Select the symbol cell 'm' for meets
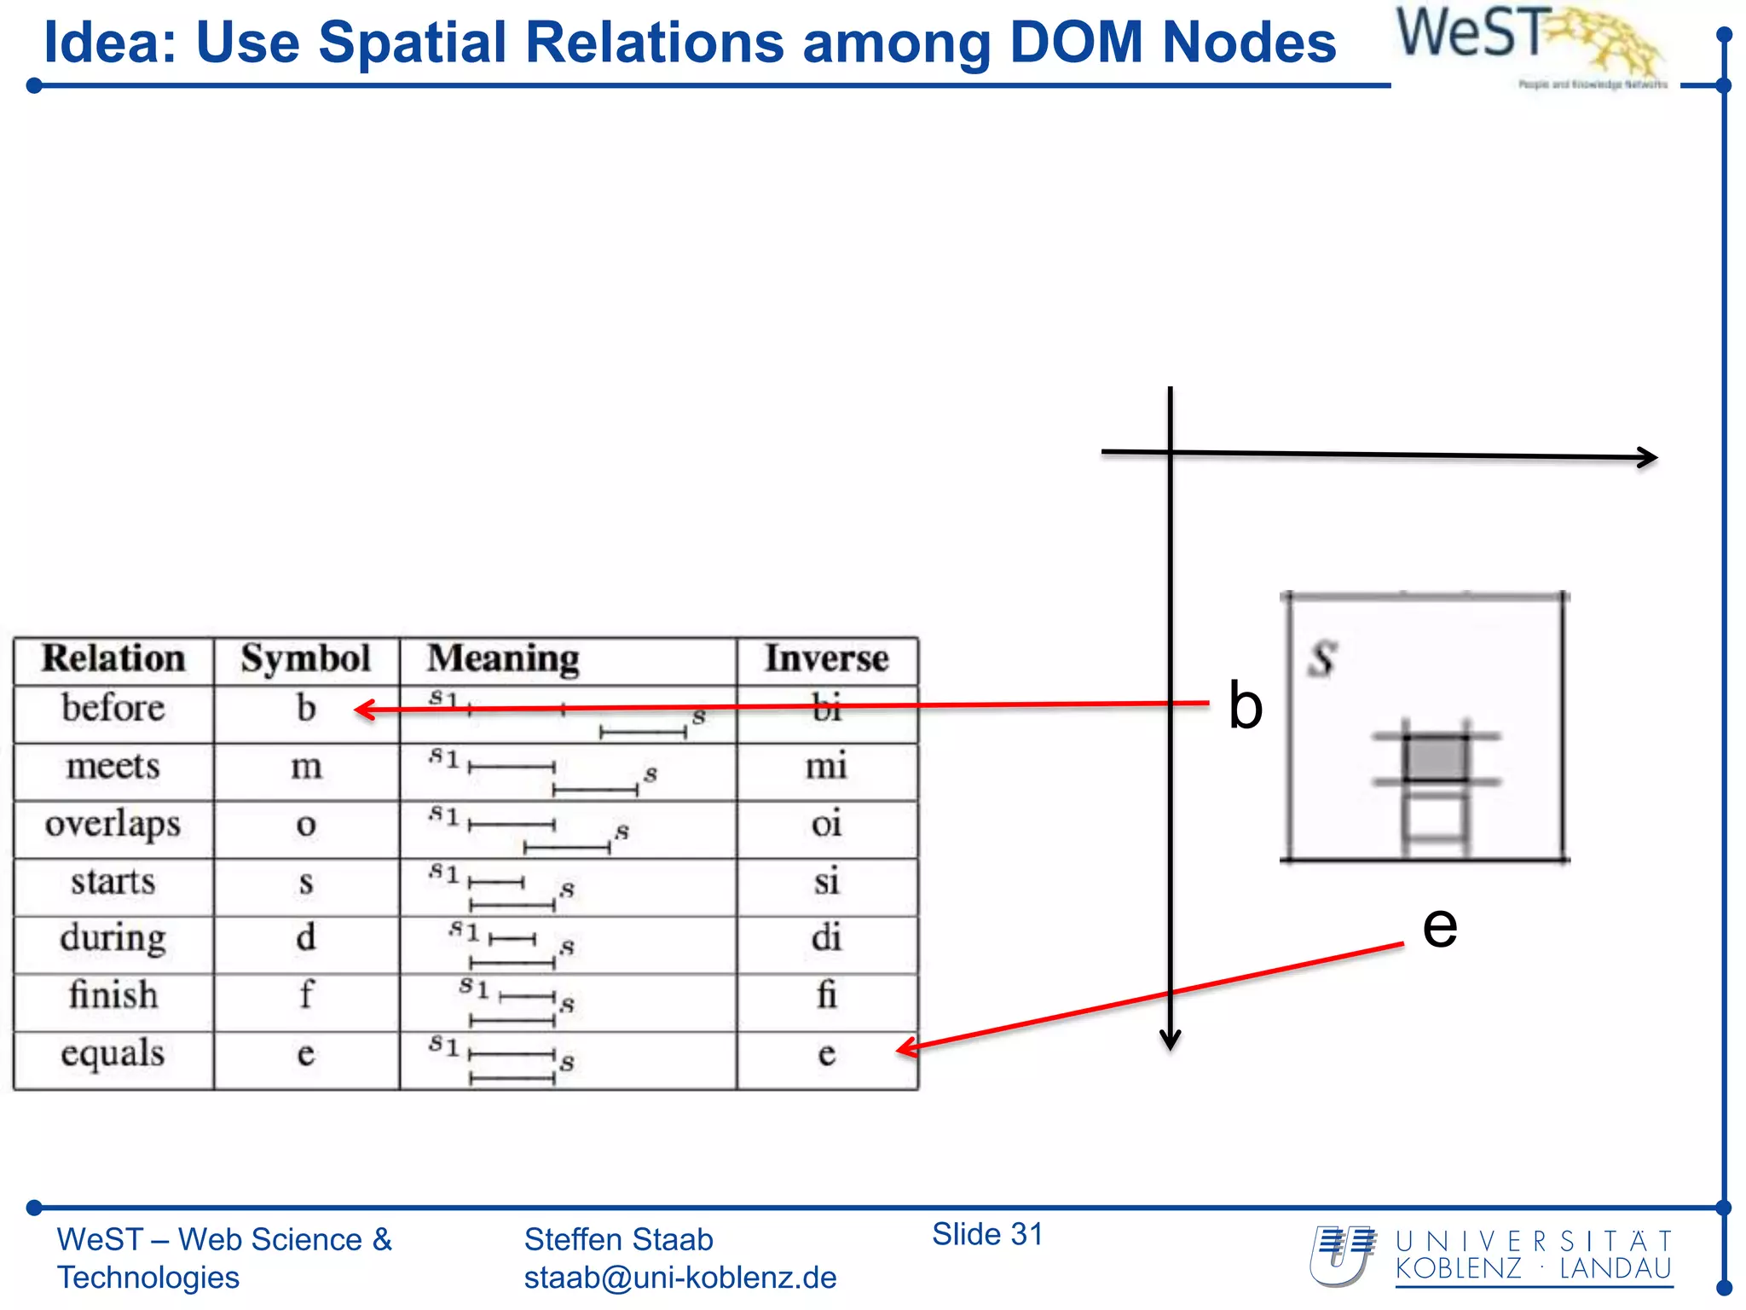[306, 767]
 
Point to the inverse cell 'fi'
[826, 995]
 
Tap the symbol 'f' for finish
[306, 995]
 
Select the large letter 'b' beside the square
[1245, 706]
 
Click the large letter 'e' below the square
[1440, 926]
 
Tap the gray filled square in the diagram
[1436, 757]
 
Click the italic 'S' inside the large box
[1322, 659]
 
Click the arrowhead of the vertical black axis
[1171, 1040]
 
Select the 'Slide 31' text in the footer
[987, 1234]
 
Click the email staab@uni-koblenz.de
[679, 1278]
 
